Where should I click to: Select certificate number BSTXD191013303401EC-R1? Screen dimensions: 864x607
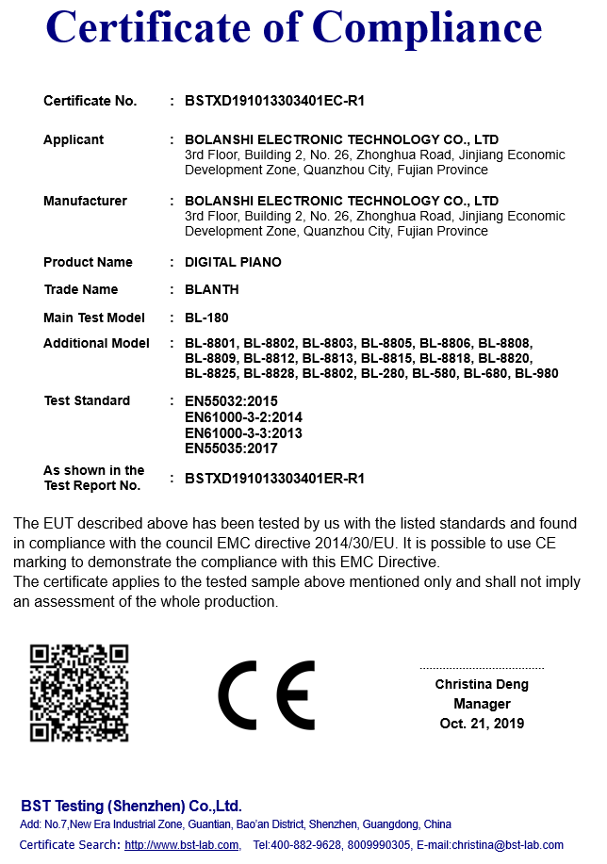point(274,101)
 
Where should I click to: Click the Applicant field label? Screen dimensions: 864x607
point(74,139)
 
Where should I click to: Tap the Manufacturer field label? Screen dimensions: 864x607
point(85,201)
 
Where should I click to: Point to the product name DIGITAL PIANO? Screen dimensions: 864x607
point(233,262)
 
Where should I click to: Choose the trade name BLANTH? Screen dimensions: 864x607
point(212,289)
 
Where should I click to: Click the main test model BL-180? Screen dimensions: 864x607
point(206,318)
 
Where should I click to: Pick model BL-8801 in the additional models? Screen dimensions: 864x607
point(211,343)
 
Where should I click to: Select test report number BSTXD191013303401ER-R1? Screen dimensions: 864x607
point(274,479)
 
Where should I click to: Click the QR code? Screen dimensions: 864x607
point(79,693)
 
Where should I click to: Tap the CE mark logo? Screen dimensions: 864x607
point(267,695)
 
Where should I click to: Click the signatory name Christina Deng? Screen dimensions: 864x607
point(482,685)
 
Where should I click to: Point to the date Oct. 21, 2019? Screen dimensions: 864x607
point(482,724)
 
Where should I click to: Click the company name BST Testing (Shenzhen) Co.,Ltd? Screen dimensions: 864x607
point(131,806)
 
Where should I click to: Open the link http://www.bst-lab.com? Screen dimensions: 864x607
point(182,845)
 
